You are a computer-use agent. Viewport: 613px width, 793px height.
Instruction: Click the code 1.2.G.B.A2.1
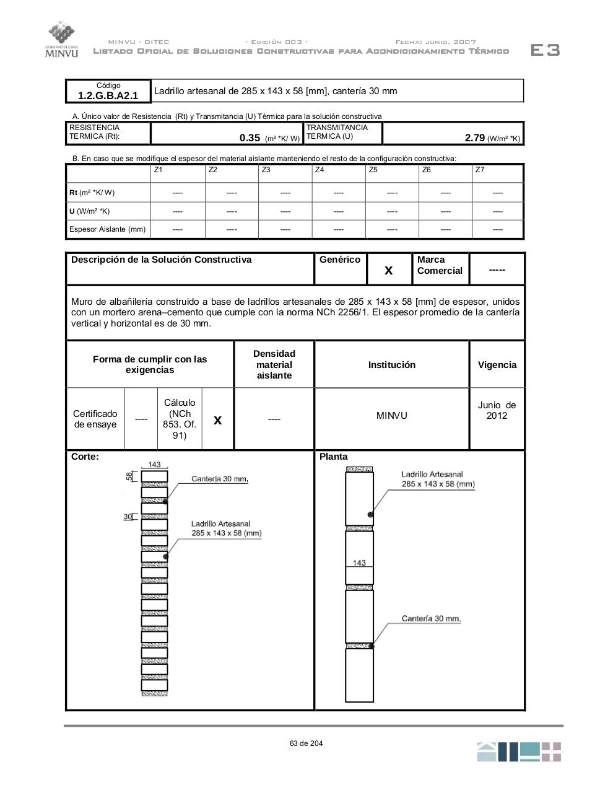pos(108,95)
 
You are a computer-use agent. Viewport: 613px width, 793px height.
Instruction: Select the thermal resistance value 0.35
pos(250,138)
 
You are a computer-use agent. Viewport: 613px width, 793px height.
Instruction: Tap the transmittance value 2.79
pos(474,138)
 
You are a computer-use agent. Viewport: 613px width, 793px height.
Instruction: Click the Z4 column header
pos(320,170)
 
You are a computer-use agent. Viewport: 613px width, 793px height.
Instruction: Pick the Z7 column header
pos(480,170)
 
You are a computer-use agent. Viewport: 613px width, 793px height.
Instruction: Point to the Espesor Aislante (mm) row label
pos(107,229)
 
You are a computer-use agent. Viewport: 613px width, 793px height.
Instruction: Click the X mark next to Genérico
pos(389,270)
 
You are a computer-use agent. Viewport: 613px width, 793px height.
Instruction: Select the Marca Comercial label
pos(440,265)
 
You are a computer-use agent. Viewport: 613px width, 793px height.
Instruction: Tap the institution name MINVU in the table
pos(391,416)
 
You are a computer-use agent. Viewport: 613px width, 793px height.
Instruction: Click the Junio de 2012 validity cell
pos(497,410)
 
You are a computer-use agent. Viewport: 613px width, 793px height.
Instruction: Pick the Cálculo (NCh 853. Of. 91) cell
pos(179,419)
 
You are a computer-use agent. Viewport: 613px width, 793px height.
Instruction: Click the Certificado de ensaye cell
pos(95,419)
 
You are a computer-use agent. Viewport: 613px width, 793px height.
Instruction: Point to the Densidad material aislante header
pos(274,364)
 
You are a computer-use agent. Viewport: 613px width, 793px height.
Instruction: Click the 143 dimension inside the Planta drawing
pos(359,563)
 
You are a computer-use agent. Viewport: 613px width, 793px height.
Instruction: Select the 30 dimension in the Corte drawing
pos(128,517)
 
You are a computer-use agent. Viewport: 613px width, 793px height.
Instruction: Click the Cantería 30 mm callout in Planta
pos(431,619)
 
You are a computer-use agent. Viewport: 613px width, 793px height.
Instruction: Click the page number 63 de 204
pos(306,743)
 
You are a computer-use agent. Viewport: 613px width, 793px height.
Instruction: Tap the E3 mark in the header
pos(545,50)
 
